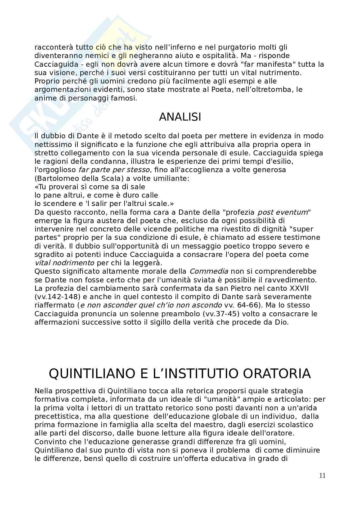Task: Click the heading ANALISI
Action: point(180,117)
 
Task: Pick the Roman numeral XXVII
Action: point(299,288)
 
